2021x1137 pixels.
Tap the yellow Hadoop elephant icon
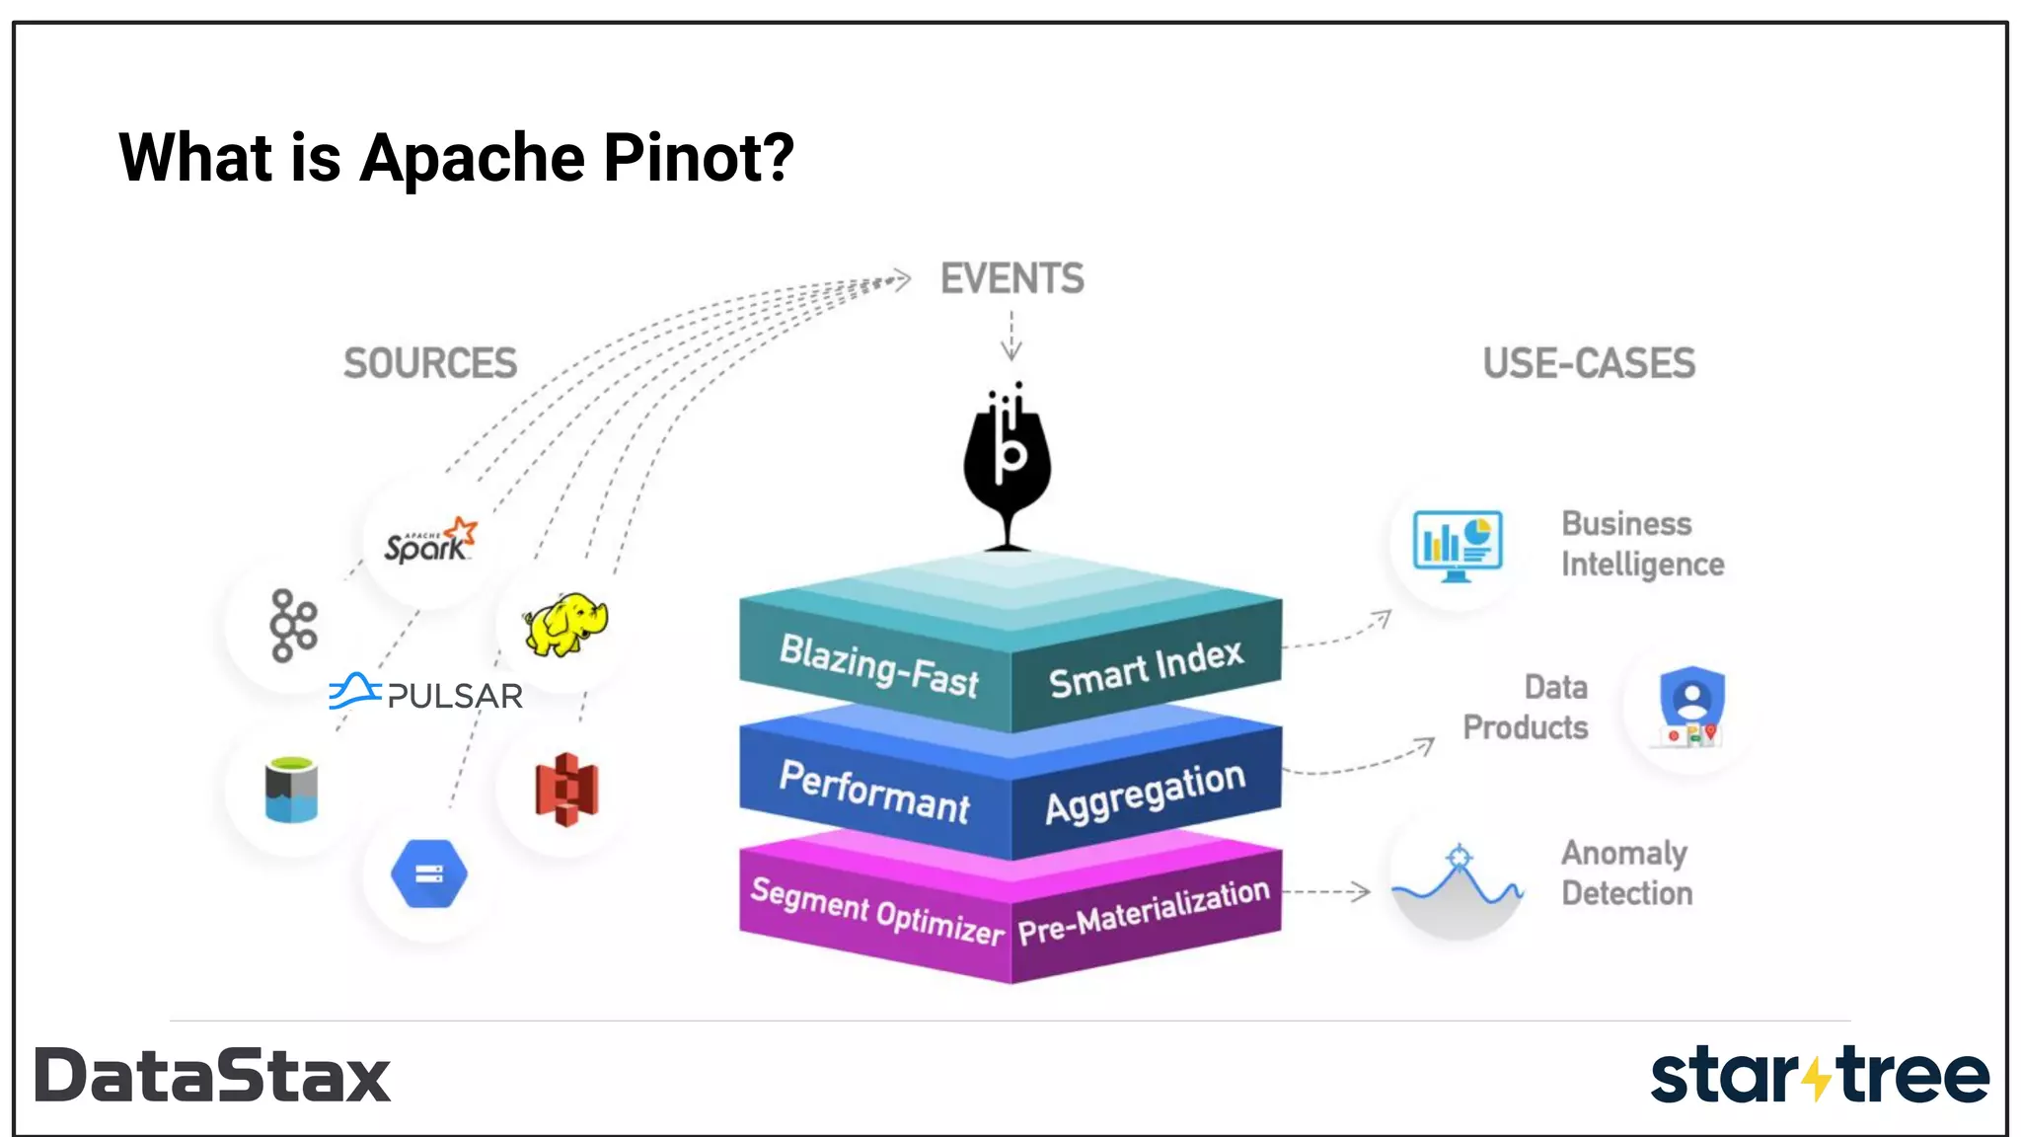click(565, 624)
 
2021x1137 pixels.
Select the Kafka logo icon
click(293, 626)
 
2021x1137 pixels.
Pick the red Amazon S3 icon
click(566, 790)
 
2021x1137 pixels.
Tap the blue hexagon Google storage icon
click(429, 873)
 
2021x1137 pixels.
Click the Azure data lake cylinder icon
click(291, 790)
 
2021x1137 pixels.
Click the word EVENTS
click(1011, 279)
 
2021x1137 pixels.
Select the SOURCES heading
click(430, 363)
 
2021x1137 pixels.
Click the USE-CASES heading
click(1589, 363)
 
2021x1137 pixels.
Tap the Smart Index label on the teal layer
click(1146, 669)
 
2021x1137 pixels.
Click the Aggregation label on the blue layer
click(1145, 794)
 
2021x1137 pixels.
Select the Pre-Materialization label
click(1144, 911)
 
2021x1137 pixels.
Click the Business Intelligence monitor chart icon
click(1458, 544)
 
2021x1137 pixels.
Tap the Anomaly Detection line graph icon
click(1458, 880)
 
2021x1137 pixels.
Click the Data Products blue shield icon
click(1691, 706)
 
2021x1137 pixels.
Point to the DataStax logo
click(213, 1076)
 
